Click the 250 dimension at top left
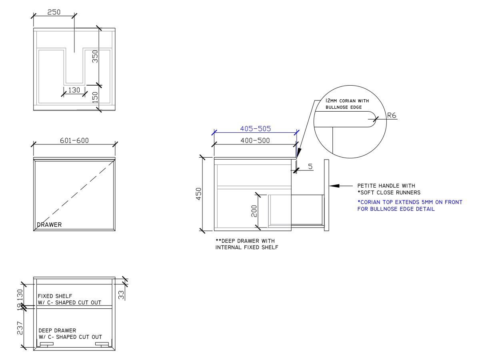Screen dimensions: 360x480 pyautogui.click(x=54, y=12)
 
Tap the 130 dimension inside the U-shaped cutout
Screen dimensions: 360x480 pyautogui.click(x=74, y=90)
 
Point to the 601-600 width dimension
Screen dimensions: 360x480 pyautogui.click(x=74, y=140)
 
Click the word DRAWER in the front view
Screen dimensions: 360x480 pyautogui.click(x=49, y=225)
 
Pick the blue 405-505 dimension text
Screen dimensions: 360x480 pyautogui.click(x=255, y=129)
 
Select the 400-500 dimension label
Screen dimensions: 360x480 pyautogui.click(x=255, y=140)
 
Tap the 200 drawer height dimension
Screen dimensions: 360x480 pyautogui.click(x=254, y=211)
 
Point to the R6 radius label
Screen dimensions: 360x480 pyautogui.click(x=392, y=116)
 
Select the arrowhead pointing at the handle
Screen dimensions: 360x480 pyautogui.click(x=334, y=186)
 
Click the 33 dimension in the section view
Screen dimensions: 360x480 pyautogui.click(x=122, y=295)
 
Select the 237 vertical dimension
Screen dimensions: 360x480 pyautogui.click(x=20, y=328)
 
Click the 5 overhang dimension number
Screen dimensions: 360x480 pyautogui.click(x=310, y=166)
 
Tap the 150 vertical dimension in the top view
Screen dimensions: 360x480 pyautogui.click(x=95, y=97)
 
